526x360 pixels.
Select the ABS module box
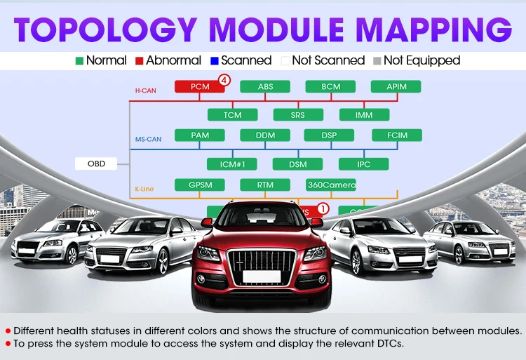coord(265,87)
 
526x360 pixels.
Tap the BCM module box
coord(330,87)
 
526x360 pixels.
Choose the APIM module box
coord(396,87)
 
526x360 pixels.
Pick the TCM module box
coord(232,114)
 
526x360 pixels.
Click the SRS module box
coord(297,114)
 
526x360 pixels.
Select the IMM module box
coord(364,114)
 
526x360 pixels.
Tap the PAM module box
coord(199,135)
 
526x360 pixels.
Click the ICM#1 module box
coord(232,164)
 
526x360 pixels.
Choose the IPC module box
coord(364,164)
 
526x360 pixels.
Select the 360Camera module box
coord(330,185)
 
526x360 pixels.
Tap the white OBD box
coord(96,164)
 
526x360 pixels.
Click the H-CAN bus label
coord(145,91)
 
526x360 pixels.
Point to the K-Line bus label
coord(144,189)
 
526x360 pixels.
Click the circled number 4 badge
coord(224,81)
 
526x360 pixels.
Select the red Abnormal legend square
coord(140,60)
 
